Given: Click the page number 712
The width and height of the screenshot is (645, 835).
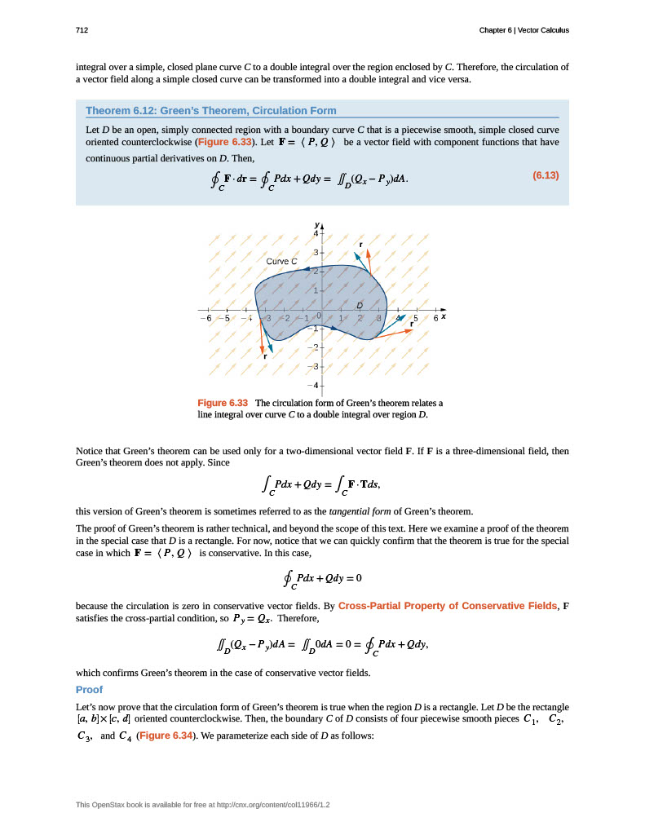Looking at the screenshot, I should [x=82, y=30].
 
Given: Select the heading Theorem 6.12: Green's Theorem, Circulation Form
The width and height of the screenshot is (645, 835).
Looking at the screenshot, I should [x=210, y=111].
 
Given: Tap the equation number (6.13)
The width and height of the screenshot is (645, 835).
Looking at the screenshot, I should [x=546, y=175].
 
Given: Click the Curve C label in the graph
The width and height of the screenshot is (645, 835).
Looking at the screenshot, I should [x=281, y=261].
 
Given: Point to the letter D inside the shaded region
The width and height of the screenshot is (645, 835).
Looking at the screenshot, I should [x=359, y=306].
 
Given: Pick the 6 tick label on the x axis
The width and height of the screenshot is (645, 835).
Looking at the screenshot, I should [x=435, y=317].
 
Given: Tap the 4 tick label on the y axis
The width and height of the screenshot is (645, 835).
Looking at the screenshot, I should [x=316, y=233].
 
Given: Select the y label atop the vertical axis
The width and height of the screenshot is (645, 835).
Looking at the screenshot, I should [x=316, y=223].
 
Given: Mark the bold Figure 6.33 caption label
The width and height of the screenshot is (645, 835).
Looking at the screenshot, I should [x=223, y=403].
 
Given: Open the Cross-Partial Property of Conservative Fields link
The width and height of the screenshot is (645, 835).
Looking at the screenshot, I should [x=448, y=606].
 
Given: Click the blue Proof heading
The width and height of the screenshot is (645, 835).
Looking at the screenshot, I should [x=89, y=689].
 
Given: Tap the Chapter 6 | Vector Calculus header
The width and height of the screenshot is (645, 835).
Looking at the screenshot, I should [x=524, y=30].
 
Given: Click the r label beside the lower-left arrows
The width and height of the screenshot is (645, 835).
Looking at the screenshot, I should [x=265, y=356].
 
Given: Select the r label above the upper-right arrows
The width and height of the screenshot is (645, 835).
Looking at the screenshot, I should [x=360, y=245].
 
